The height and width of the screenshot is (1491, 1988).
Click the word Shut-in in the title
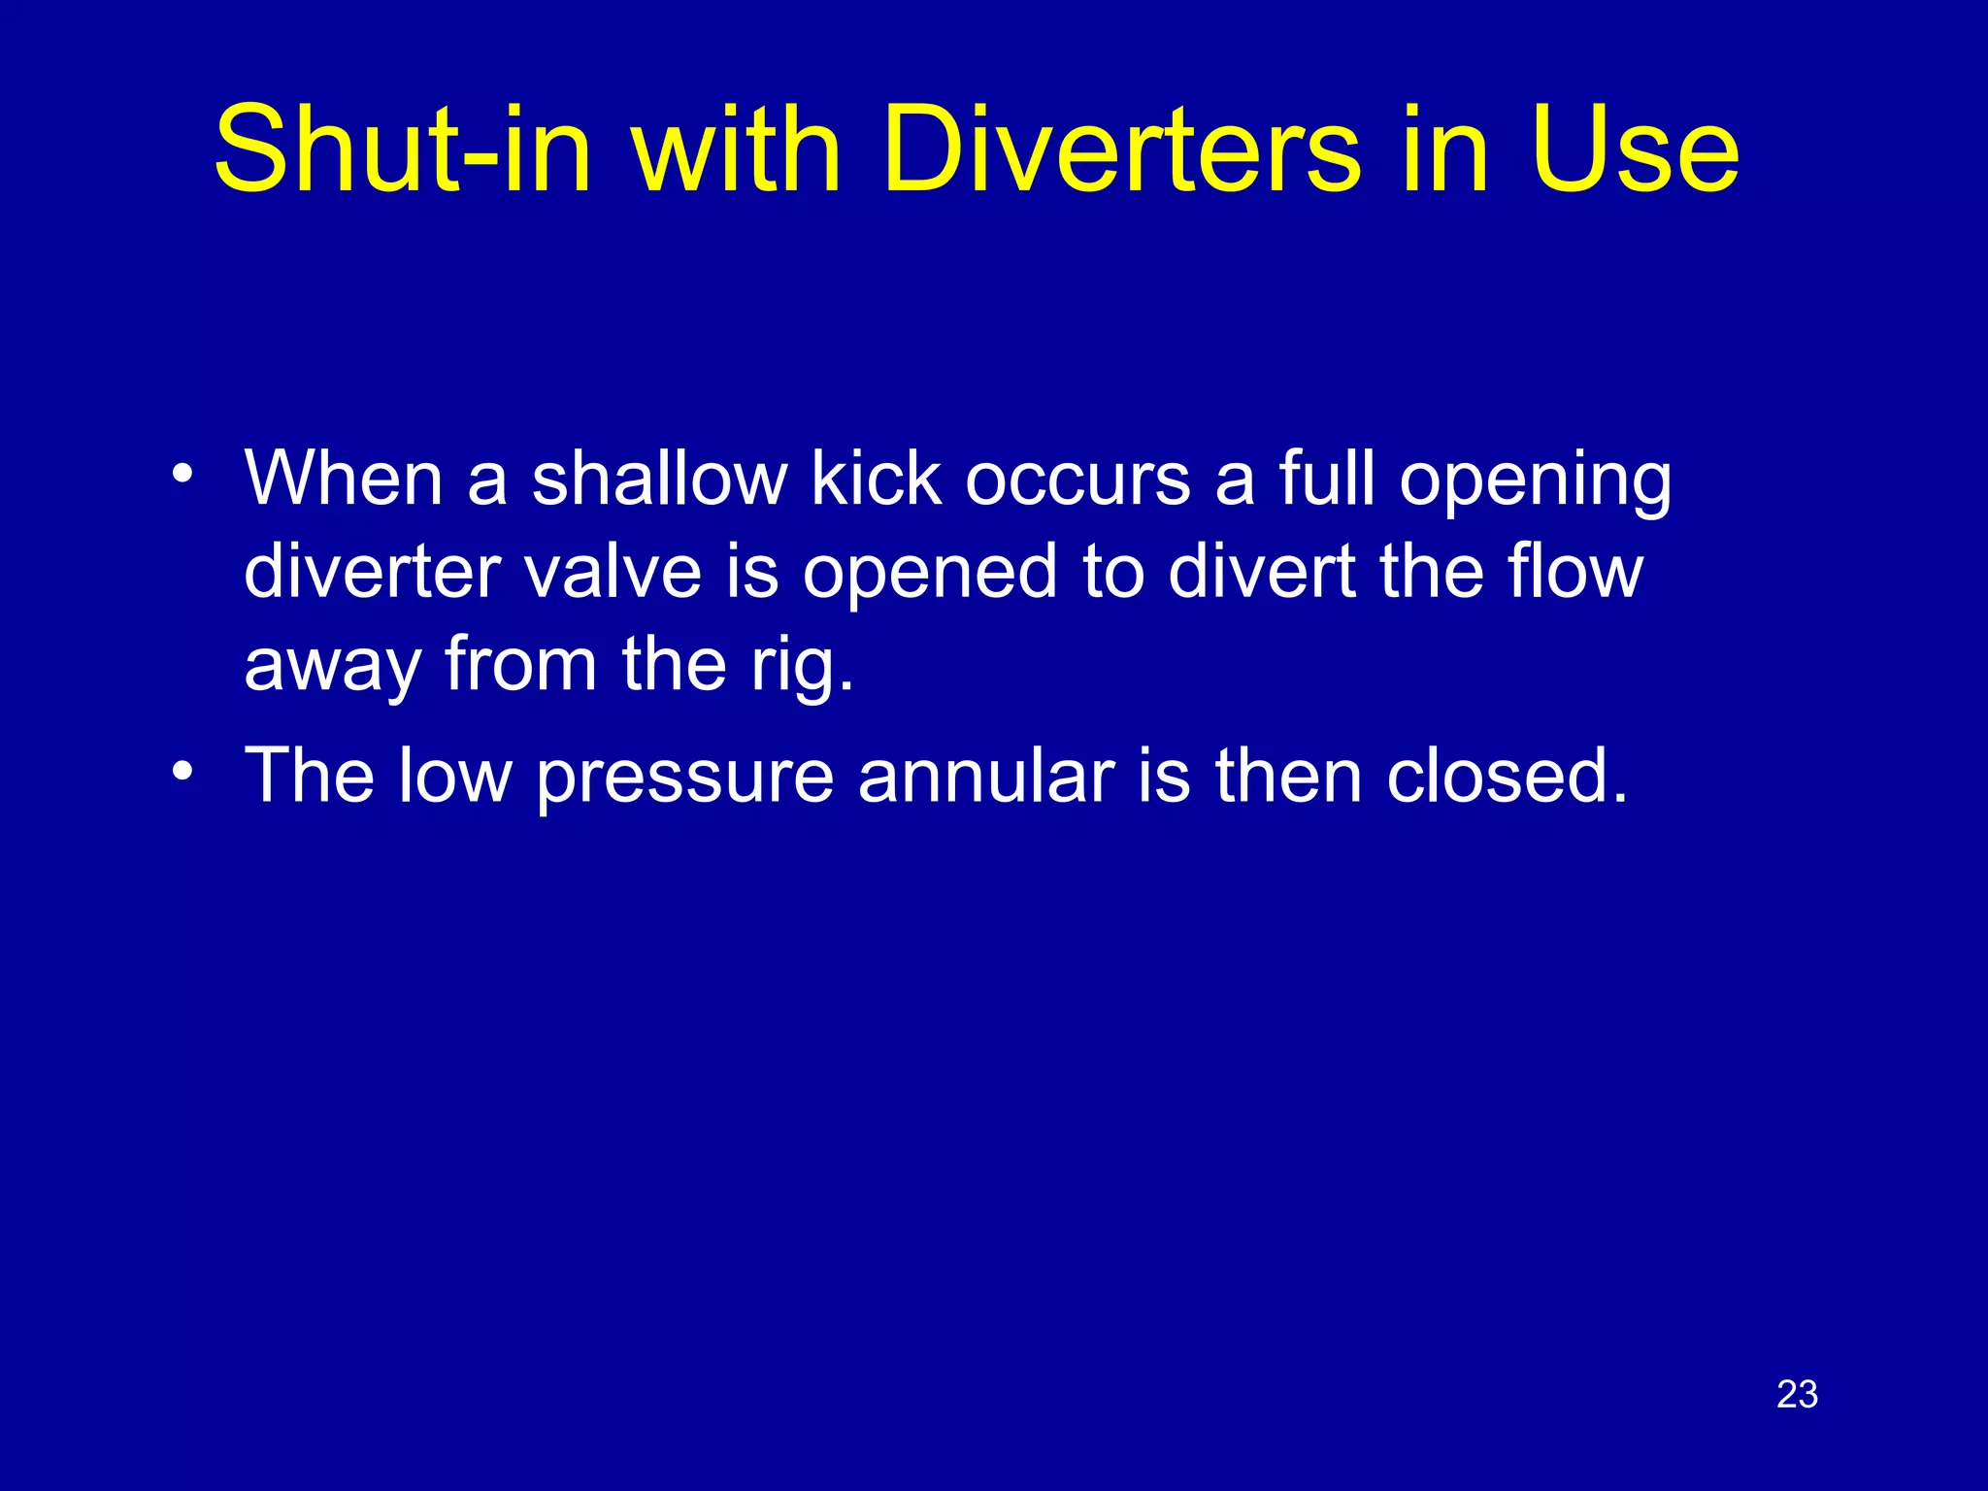coord(402,150)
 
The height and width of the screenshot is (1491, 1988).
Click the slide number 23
coord(1797,1395)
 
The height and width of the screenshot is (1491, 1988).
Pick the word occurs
coord(1077,480)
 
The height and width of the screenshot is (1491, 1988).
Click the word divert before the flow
coord(1262,572)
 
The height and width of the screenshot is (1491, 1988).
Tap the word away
coord(332,668)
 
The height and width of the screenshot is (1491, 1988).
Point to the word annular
coord(986,777)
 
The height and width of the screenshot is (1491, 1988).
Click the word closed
coord(1506,777)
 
